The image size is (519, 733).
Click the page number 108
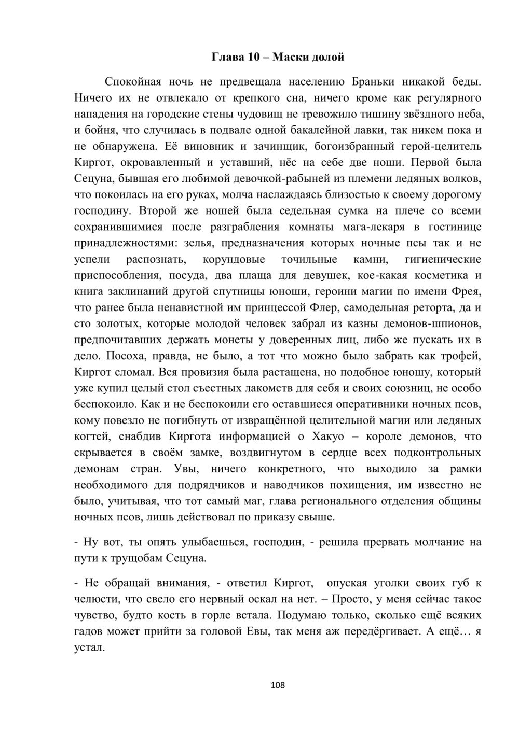pos(278,685)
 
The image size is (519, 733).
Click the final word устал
pos(90,648)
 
